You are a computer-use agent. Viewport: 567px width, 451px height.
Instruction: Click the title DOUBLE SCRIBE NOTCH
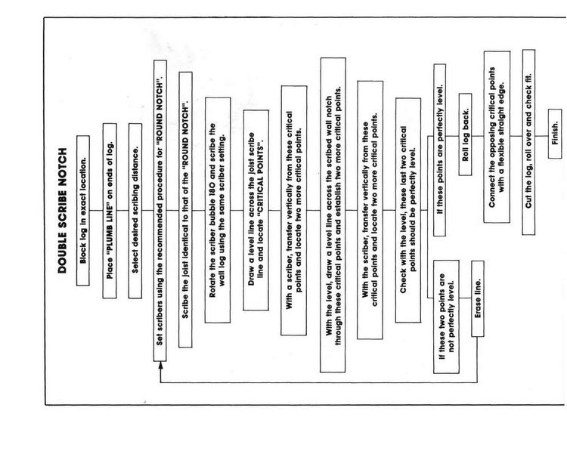click(62, 210)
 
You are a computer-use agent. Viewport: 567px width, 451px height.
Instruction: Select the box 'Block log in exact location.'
click(83, 211)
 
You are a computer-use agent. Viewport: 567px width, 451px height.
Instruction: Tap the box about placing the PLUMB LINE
click(110, 211)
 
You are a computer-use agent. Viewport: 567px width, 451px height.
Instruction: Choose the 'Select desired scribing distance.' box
click(135, 211)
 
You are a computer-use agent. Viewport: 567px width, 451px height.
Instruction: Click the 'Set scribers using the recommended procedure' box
click(160, 211)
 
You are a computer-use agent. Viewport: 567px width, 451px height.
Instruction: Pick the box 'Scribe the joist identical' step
click(185, 209)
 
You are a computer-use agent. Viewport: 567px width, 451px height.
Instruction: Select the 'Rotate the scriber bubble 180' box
click(218, 210)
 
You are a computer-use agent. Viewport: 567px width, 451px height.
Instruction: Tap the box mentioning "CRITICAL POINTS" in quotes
click(256, 210)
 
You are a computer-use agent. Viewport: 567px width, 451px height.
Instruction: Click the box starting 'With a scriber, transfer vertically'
click(294, 210)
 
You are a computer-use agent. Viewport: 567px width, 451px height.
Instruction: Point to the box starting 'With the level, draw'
click(333, 215)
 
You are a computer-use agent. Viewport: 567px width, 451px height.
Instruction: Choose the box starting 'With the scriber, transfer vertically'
click(370, 210)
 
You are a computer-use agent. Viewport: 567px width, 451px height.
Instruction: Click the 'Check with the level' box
click(408, 210)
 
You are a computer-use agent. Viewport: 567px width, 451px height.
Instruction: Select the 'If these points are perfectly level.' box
click(440, 150)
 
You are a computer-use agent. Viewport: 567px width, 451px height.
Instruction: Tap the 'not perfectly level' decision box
click(447, 317)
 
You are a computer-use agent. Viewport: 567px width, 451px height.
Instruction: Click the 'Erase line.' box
click(478, 298)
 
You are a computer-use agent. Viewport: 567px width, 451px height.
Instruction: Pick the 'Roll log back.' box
click(466, 134)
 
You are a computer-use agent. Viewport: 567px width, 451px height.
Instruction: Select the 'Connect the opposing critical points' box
click(497, 137)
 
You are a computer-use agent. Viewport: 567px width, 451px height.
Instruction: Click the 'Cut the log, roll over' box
click(528, 142)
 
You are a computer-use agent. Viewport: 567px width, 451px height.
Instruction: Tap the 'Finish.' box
click(555, 134)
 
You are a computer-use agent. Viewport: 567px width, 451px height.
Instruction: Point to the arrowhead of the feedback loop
click(160, 365)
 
